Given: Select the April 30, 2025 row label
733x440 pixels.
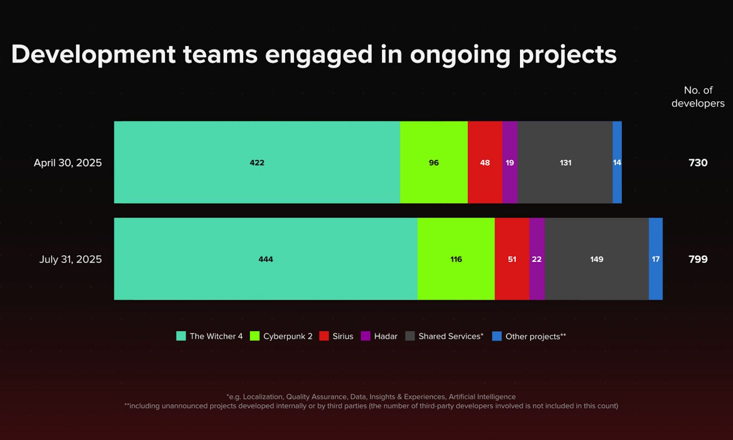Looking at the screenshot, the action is [68, 163].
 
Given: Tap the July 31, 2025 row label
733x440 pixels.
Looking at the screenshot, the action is [70, 259].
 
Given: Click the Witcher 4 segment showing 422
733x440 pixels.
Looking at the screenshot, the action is [257, 162].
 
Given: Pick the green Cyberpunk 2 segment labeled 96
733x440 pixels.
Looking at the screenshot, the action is [434, 162].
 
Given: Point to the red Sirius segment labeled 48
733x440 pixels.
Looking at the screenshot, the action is [485, 162].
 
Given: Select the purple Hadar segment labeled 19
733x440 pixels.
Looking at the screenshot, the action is [510, 162].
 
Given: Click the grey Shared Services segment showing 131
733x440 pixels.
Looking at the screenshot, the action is [565, 162].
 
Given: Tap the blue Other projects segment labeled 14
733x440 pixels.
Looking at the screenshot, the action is [617, 162].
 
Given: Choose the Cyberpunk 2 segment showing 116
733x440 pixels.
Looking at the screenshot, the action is [456, 259].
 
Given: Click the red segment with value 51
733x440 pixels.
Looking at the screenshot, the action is [512, 259].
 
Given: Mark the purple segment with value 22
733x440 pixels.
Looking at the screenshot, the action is [537, 259].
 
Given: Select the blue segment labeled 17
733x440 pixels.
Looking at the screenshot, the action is [656, 259].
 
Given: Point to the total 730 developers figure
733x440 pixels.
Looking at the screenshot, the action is [698, 163].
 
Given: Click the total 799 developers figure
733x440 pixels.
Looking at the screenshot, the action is [698, 259].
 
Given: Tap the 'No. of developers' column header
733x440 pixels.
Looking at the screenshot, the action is [698, 97].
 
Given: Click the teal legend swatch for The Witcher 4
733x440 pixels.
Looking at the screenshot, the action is [181, 336].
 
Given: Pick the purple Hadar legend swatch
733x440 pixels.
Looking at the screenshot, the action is [366, 336].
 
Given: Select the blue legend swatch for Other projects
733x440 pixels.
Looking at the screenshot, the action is [497, 336].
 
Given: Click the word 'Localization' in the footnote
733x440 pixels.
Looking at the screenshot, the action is [263, 397].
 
